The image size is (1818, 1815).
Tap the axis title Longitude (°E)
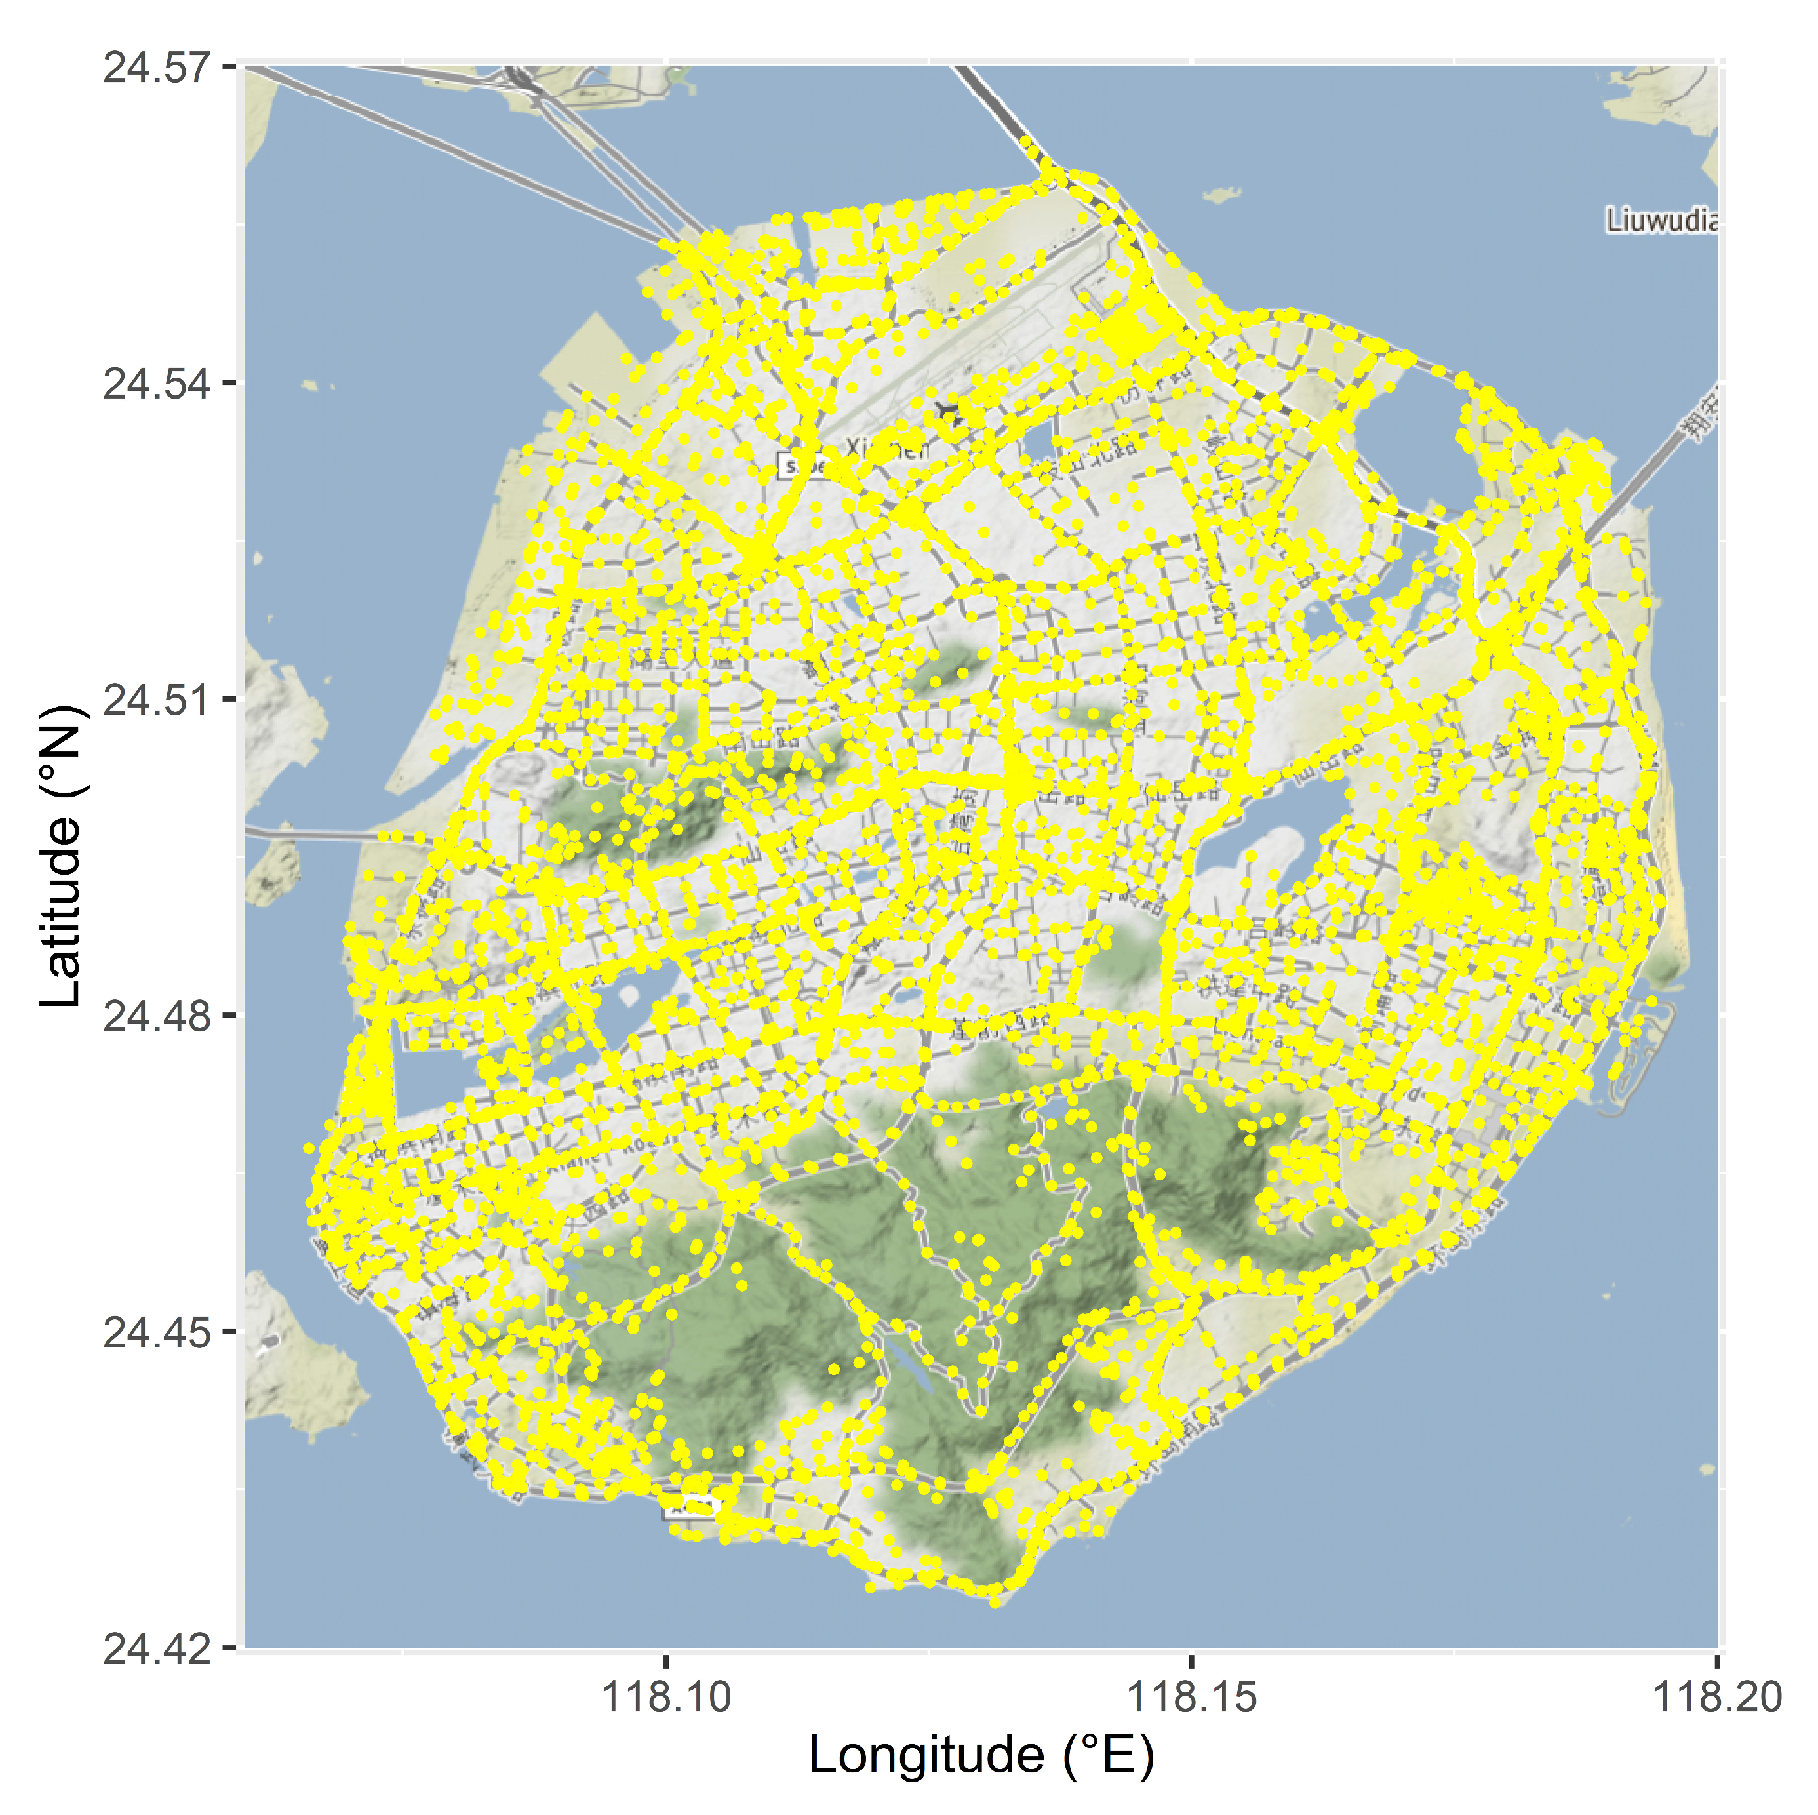[x=981, y=1756]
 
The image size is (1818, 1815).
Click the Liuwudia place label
[x=1661, y=221]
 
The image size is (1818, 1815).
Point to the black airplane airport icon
[x=947, y=413]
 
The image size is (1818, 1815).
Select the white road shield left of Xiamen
[x=802, y=465]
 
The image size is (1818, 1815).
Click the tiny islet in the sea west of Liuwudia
[x=1222, y=195]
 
